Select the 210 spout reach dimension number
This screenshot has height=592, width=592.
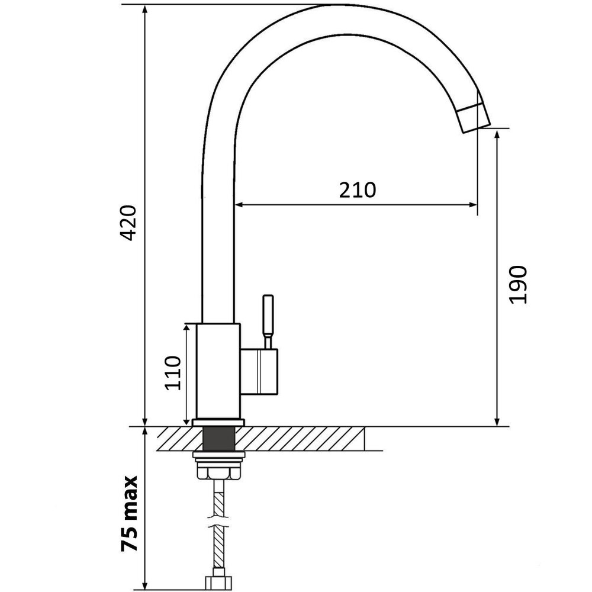point(357,190)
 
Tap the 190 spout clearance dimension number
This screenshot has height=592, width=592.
point(519,285)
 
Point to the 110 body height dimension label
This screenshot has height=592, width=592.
point(172,373)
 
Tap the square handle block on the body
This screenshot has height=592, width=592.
point(259,371)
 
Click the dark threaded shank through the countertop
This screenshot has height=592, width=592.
point(218,439)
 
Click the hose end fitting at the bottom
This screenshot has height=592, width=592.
point(218,580)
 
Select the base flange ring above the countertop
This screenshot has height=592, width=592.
point(218,422)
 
